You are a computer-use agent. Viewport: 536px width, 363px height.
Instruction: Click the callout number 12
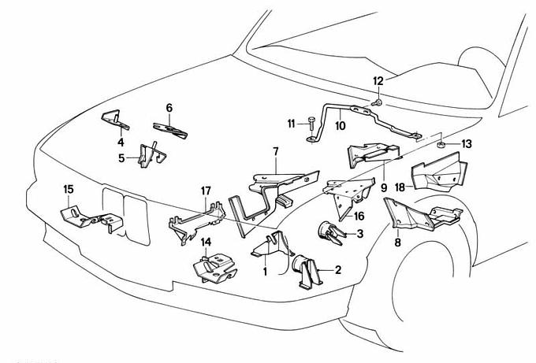pyautogui.click(x=378, y=82)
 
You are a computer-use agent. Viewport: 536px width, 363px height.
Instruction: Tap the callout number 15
pyautogui.click(x=69, y=189)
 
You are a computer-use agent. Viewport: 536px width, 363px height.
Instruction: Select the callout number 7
pyautogui.click(x=276, y=150)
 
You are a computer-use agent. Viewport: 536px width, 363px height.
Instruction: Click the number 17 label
pyautogui.click(x=206, y=191)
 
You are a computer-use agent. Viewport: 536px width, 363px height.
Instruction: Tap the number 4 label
pyautogui.click(x=121, y=143)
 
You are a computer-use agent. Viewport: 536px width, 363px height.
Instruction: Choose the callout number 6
pyautogui.click(x=169, y=107)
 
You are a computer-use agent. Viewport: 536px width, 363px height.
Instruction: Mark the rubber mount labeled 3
pyautogui.click(x=328, y=232)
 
